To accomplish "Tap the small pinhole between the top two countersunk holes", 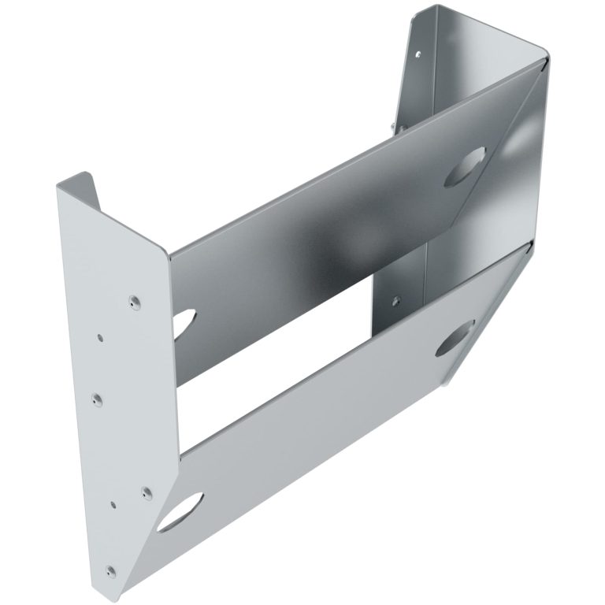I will coord(100,336).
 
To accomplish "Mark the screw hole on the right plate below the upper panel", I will coord(395,299).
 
